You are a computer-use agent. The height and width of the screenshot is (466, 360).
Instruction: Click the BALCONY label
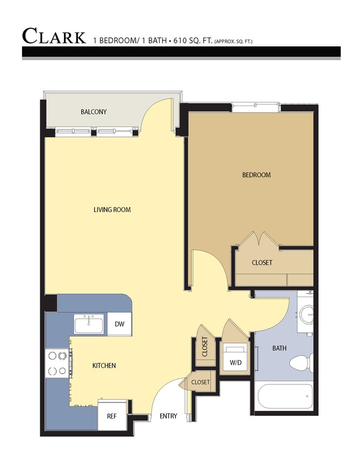pos(93,112)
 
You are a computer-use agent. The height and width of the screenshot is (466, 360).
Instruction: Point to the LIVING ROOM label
pos(112,210)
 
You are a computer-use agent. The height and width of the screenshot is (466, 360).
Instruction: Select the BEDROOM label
pos(257,175)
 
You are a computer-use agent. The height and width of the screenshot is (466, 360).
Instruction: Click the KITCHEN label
pos(104,366)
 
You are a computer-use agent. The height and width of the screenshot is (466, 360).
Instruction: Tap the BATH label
pos(279,348)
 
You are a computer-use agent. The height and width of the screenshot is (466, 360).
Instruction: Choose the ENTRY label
pos(168,416)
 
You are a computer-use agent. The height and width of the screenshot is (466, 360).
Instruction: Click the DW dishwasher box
pos(119,325)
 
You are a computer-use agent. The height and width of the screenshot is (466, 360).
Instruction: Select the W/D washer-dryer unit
pos(236,362)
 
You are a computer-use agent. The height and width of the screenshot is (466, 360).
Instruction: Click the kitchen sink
pos(89,324)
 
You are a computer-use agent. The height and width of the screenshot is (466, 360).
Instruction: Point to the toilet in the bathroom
pos(301,363)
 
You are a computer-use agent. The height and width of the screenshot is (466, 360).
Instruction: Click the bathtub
pos(285,396)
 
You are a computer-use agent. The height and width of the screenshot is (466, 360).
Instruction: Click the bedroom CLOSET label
pos(262,263)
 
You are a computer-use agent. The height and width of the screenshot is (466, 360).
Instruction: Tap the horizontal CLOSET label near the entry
pos(200,382)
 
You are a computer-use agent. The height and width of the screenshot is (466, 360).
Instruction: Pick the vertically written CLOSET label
pos(205,347)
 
